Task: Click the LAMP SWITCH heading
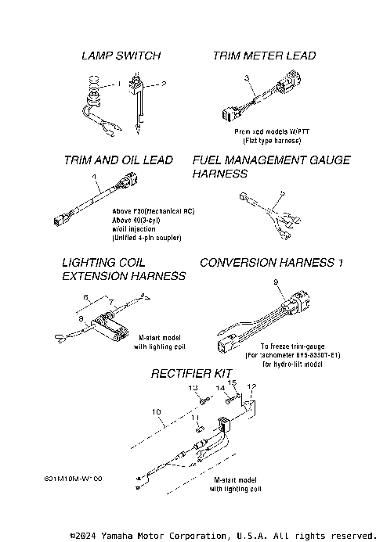tap(121, 56)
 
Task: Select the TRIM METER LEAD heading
tap(264, 56)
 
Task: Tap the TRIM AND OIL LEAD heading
tap(118, 160)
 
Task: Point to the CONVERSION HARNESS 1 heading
tap(272, 263)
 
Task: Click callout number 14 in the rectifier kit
tap(221, 388)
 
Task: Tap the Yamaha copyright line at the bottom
tap(222, 536)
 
